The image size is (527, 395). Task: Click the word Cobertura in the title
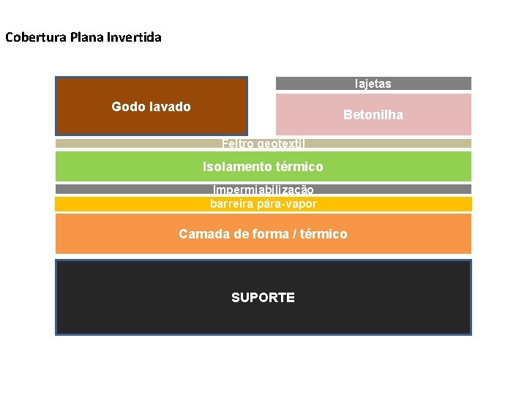(36, 37)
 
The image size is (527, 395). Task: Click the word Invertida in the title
(135, 37)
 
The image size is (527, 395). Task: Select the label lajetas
(373, 83)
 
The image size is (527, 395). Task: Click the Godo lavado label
(151, 107)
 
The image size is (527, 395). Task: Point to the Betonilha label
(373, 115)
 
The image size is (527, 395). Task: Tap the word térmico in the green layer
(299, 167)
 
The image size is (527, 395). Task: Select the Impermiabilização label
(263, 189)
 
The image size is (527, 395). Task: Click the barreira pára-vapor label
(263, 204)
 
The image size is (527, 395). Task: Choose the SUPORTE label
(263, 298)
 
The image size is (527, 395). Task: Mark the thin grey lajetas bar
(439, 83)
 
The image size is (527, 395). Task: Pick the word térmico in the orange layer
(323, 234)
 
